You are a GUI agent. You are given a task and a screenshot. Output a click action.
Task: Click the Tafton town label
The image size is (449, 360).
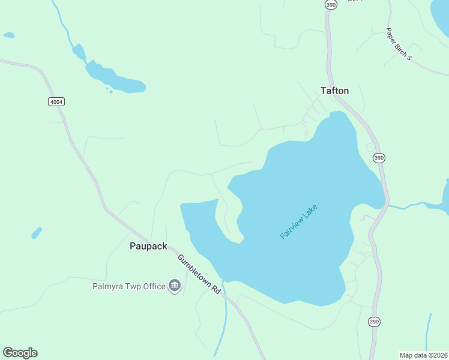click(x=334, y=91)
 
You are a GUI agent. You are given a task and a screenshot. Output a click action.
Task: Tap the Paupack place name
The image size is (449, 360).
click(x=148, y=246)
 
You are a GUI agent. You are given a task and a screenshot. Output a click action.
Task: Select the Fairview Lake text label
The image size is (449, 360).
click(x=298, y=222)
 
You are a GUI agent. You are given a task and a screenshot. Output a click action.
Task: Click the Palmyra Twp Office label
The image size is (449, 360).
click(x=128, y=286)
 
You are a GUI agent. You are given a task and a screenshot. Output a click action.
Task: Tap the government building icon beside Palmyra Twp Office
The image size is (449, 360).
click(x=175, y=286)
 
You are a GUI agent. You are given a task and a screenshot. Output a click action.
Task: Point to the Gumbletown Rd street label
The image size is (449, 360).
click(x=198, y=274)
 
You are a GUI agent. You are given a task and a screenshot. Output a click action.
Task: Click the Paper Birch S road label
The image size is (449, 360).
click(x=399, y=44)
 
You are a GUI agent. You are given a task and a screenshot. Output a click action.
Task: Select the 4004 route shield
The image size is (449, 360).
click(x=56, y=102)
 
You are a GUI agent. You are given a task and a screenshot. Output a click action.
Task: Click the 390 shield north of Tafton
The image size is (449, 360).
click(x=331, y=4)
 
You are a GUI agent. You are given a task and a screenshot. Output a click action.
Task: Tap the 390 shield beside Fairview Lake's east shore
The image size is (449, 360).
click(x=378, y=158)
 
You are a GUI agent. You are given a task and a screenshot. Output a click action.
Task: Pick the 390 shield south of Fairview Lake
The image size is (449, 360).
click(x=374, y=322)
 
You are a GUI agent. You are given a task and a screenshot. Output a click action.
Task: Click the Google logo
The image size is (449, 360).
click(x=20, y=352)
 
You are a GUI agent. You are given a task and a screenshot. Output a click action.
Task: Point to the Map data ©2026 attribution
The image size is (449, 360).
click(x=423, y=355)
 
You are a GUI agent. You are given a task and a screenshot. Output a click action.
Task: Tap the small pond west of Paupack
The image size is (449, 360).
click(x=37, y=233)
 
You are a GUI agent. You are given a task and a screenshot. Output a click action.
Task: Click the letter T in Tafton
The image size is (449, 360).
click(x=324, y=91)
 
